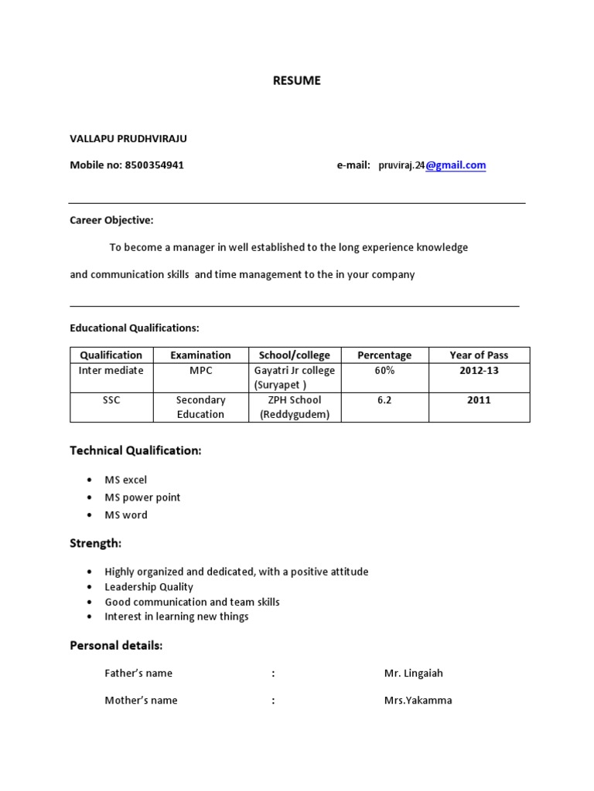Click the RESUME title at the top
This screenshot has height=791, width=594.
[x=296, y=80]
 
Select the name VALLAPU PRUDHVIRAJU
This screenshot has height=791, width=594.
[x=128, y=139]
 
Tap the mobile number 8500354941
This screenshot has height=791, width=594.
[x=154, y=165]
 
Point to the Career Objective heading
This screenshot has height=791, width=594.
[x=111, y=221]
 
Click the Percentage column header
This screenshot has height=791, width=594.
[x=384, y=355]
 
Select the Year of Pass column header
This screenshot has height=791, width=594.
[x=479, y=355]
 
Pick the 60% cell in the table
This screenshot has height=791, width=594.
[x=384, y=371]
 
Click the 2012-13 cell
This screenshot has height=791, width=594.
[x=479, y=371]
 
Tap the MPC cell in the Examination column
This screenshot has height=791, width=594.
[x=200, y=371]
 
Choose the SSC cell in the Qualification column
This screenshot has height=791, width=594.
[x=111, y=400]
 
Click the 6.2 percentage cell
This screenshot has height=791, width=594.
[x=384, y=400]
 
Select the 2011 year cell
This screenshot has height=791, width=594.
[x=479, y=400]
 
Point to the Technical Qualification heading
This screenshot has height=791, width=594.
[x=135, y=450]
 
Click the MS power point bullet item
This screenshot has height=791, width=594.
[x=142, y=497]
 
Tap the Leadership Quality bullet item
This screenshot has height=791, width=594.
[x=148, y=587]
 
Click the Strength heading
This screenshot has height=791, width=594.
[x=96, y=544]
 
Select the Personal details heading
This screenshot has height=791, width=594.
[x=116, y=645]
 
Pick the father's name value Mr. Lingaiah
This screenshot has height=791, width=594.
[x=413, y=674]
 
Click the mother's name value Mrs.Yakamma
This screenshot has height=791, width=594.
[x=418, y=701]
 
